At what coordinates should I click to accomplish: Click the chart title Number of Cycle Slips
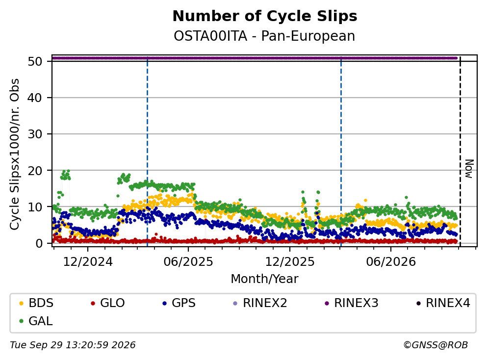click(265, 16)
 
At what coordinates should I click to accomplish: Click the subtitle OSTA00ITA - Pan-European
click(264, 36)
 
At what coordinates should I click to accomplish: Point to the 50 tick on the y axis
click(35, 61)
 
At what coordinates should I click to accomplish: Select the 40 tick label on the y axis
click(35, 98)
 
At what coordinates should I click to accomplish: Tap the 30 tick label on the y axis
click(35, 134)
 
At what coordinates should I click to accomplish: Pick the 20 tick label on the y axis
click(35, 171)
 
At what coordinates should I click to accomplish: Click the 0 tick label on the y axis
click(39, 243)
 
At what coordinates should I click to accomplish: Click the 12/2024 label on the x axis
click(88, 262)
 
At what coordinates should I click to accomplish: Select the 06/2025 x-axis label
click(188, 262)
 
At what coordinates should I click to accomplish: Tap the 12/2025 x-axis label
click(290, 262)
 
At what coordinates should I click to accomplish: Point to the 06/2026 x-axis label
click(391, 262)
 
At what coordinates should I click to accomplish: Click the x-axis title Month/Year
click(264, 279)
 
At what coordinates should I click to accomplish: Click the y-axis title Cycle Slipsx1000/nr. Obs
click(15, 154)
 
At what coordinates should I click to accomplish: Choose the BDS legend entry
click(36, 303)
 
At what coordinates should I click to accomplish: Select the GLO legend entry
click(107, 303)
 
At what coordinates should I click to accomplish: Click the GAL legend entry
click(36, 321)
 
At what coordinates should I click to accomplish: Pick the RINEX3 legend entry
click(352, 303)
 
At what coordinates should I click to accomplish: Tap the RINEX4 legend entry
click(443, 303)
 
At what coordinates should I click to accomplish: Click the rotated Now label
click(469, 169)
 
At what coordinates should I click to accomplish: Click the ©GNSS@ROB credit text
click(436, 345)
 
